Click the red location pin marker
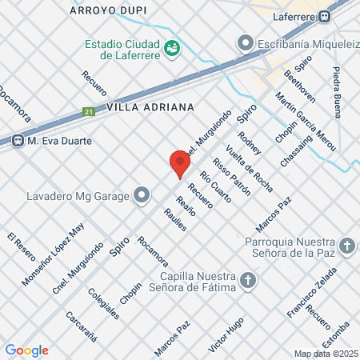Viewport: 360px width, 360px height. point(179,163)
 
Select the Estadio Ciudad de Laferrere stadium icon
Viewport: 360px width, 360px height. point(171,48)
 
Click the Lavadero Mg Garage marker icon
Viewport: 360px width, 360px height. point(142,194)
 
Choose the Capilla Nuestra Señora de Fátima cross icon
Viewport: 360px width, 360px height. point(249,280)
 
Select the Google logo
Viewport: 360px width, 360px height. point(26,350)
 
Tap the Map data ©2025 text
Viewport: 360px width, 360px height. point(326,354)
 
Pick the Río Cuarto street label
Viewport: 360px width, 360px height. point(215,186)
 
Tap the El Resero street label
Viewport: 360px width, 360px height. point(22,248)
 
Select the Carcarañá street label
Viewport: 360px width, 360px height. point(82,326)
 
